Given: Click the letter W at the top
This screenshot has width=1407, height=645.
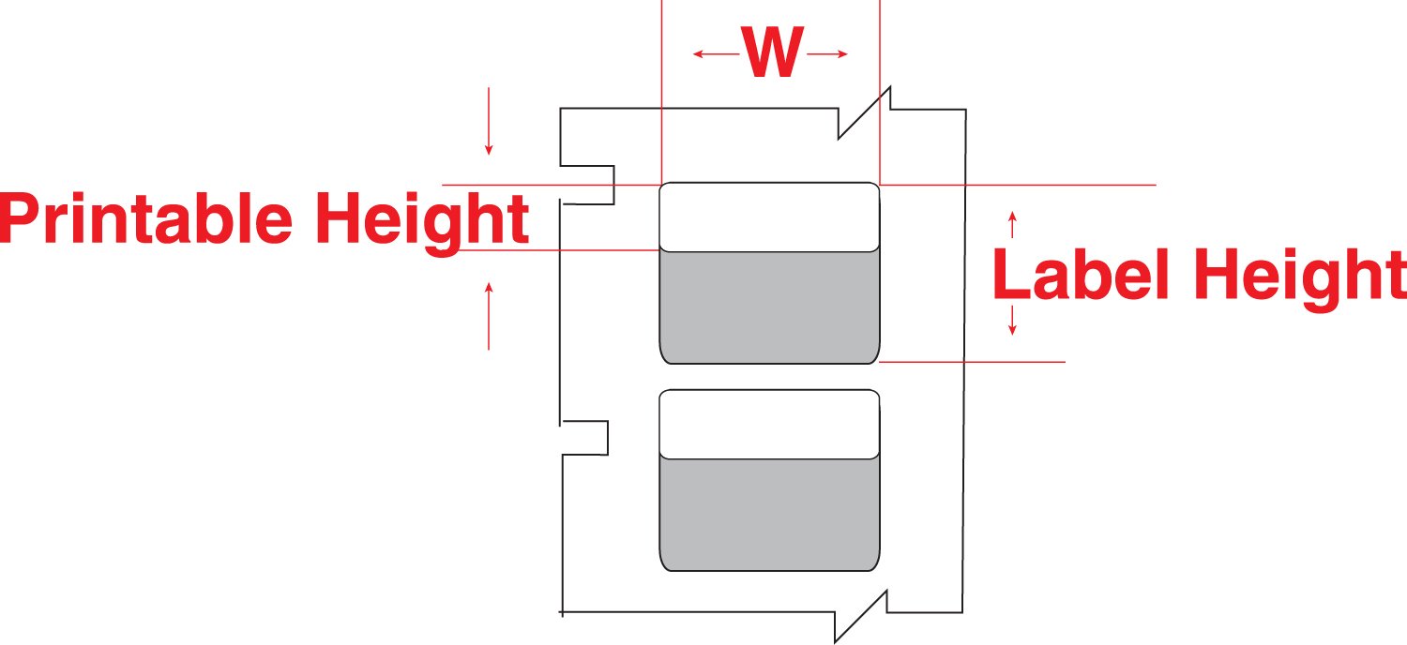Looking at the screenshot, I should [773, 55].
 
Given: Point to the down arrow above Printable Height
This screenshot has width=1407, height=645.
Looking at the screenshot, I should [488, 122].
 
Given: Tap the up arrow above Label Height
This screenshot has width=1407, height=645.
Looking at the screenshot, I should [1011, 225].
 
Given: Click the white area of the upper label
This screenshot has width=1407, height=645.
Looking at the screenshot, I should [769, 217].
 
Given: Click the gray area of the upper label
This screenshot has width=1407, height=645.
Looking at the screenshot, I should [769, 307].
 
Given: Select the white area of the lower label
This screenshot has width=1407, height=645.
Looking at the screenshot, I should [769, 425].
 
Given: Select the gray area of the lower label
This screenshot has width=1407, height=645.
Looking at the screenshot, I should [769, 515].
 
